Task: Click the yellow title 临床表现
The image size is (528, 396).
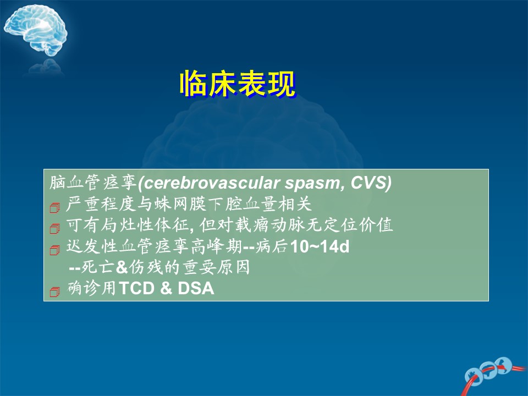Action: (238, 84)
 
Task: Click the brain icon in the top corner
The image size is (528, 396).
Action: (35, 30)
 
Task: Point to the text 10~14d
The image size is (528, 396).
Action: (320, 247)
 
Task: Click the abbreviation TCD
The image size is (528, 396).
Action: (136, 288)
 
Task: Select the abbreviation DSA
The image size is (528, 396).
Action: (196, 288)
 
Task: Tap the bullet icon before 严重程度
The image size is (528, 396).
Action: (54, 207)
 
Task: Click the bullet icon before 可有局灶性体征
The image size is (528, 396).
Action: (54, 229)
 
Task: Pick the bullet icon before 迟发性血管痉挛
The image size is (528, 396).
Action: (54, 250)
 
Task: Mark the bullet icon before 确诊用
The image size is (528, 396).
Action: (54, 291)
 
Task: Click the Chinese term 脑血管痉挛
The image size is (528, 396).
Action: (93, 183)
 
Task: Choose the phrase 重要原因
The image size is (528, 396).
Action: (216, 267)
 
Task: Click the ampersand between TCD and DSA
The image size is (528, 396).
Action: (166, 288)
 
